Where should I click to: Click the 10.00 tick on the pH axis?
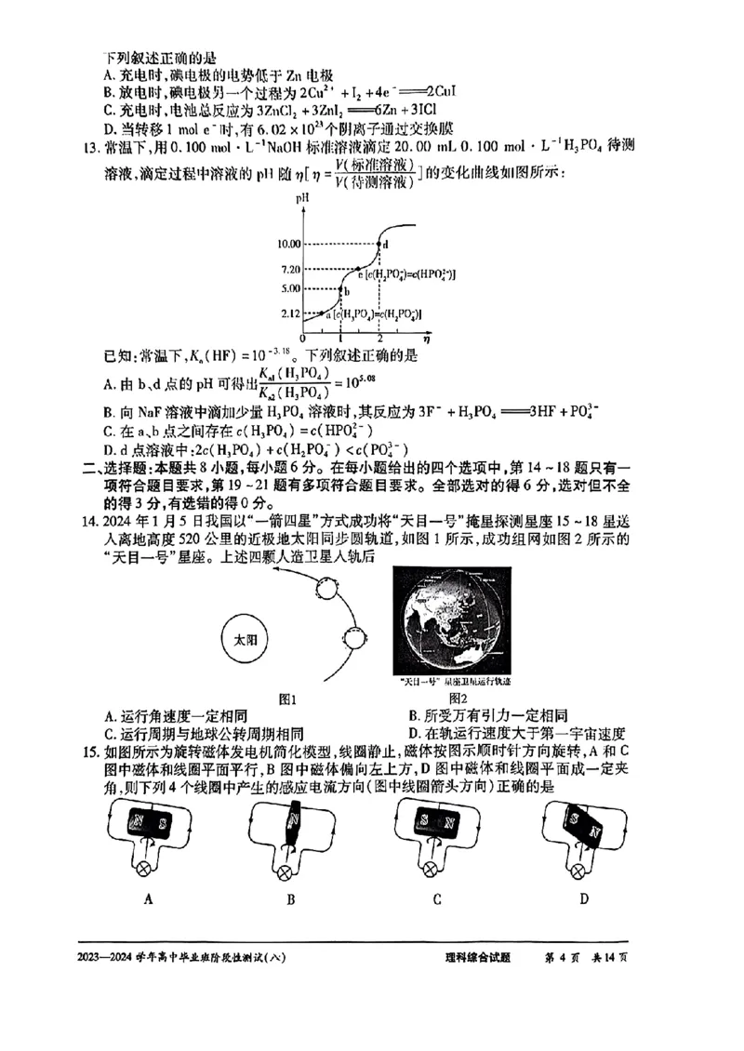[x=288, y=243]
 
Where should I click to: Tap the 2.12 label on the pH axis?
[x=290, y=314]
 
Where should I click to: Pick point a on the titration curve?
[x=322, y=314]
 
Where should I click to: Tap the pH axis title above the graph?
[x=302, y=198]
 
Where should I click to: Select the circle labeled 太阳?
[x=244, y=641]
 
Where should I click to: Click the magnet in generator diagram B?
[x=293, y=826]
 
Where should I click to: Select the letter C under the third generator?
[x=436, y=899]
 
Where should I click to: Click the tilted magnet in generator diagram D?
[x=586, y=824]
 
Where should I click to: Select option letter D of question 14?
[x=414, y=732]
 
